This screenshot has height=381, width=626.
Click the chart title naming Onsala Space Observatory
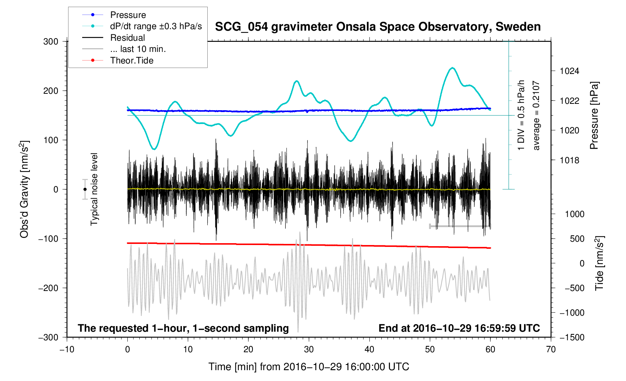click(378, 27)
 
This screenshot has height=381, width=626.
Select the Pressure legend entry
click(128, 15)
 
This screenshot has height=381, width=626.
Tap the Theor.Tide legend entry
click(131, 61)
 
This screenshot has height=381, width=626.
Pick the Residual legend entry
click(127, 38)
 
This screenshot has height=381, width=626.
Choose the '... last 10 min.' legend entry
click(138, 49)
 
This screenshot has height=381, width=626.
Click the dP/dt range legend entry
click(156, 26)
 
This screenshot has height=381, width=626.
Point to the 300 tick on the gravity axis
click(51, 41)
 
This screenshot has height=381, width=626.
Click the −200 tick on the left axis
click(48, 288)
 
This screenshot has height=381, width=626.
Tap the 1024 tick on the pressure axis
click(569, 71)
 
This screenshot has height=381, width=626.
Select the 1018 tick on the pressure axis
click(569, 160)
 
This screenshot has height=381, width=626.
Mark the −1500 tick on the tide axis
click(571, 337)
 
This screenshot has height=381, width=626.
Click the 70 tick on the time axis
click(551, 349)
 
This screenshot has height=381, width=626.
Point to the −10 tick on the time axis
click(67, 349)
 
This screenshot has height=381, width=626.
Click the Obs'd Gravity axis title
click(24, 189)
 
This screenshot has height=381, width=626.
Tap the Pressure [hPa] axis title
click(594, 115)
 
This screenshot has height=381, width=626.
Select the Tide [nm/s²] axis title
click(599, 263)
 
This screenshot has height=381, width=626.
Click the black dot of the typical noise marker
click(85, 189)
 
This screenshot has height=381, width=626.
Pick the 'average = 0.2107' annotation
click(536, 115)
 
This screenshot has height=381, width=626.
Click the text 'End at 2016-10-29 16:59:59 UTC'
click(459, 328)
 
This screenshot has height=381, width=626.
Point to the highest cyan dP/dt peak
click(453, 68)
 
